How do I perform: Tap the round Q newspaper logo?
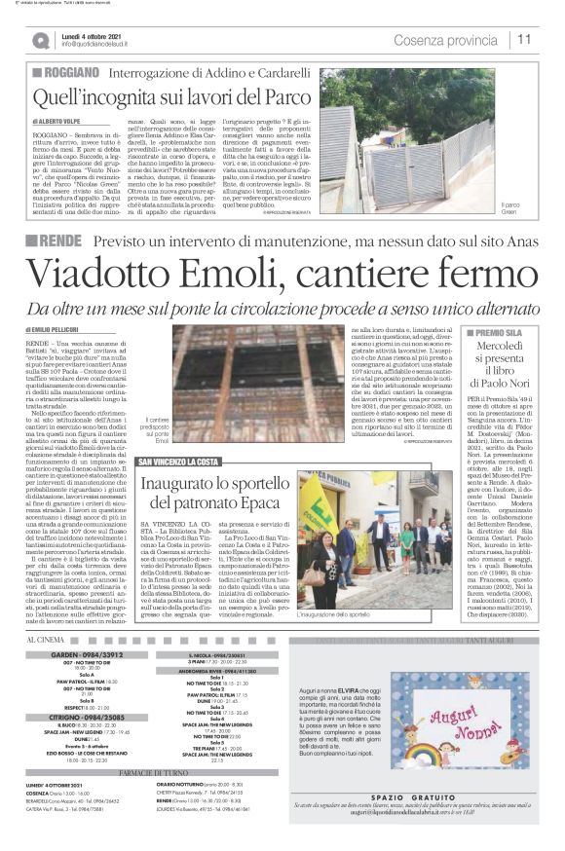[x=41, y=40]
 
